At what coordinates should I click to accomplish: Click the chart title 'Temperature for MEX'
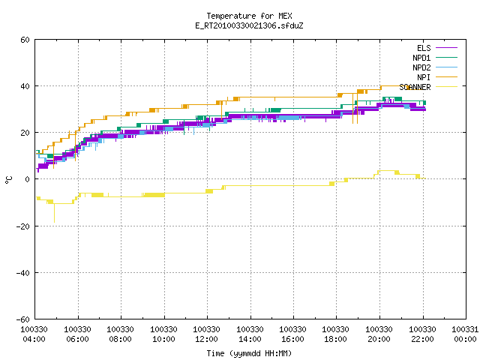click(249, 16)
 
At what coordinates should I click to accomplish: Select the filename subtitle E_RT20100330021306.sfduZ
click(249, 25)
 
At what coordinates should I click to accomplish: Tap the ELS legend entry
click(437, 48)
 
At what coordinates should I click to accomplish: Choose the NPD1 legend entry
click(435, 58)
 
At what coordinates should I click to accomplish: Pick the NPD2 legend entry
click(435, 67)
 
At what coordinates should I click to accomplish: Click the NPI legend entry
click(437, 77)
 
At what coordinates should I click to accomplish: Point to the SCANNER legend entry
click(428, 87)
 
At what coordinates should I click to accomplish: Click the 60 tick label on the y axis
click(25, 40)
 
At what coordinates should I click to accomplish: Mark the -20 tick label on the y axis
click(23, 226)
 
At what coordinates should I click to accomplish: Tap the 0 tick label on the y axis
click(28, 179)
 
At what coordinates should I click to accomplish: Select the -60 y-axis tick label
click(23, 319)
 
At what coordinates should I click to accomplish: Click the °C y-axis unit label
click(8, 180)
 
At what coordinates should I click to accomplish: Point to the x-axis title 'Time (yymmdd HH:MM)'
click(249, 353)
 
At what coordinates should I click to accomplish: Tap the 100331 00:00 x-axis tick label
click(465, 334)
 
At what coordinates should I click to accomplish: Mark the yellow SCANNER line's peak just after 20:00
click(387, 170)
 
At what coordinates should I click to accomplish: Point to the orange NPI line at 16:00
click(293, 97)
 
